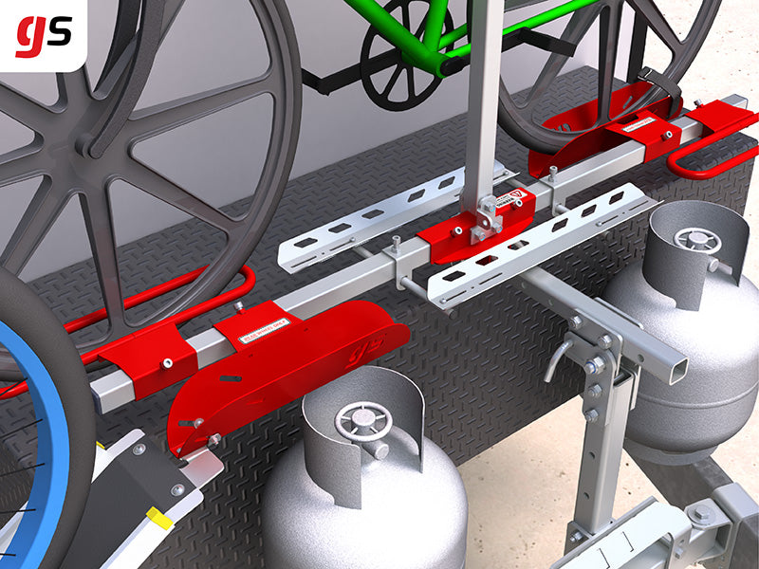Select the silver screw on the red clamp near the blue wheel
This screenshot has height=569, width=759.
[x=167, y=362]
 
